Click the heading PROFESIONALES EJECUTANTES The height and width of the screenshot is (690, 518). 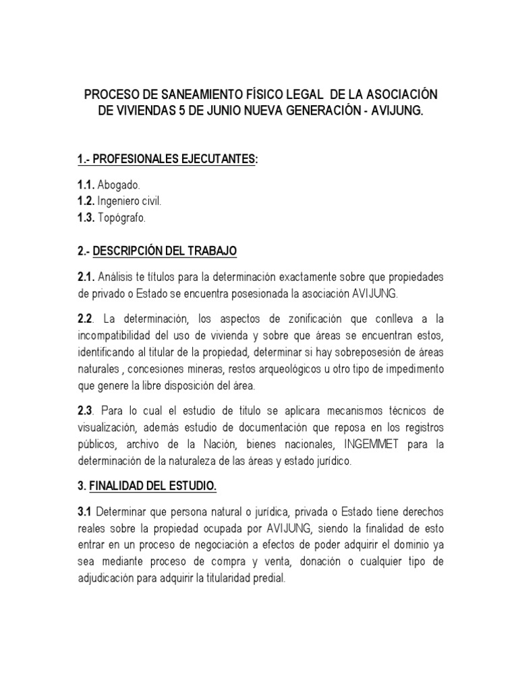tap(174, 159)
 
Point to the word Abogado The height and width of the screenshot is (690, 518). tap(119, 185)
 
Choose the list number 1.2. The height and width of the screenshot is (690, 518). tap(86, 201)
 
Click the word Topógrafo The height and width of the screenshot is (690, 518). tap(121, 218)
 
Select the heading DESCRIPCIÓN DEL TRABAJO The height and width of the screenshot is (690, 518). tap(165, 251)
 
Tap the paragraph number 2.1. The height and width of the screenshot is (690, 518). tap(86, 276)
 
